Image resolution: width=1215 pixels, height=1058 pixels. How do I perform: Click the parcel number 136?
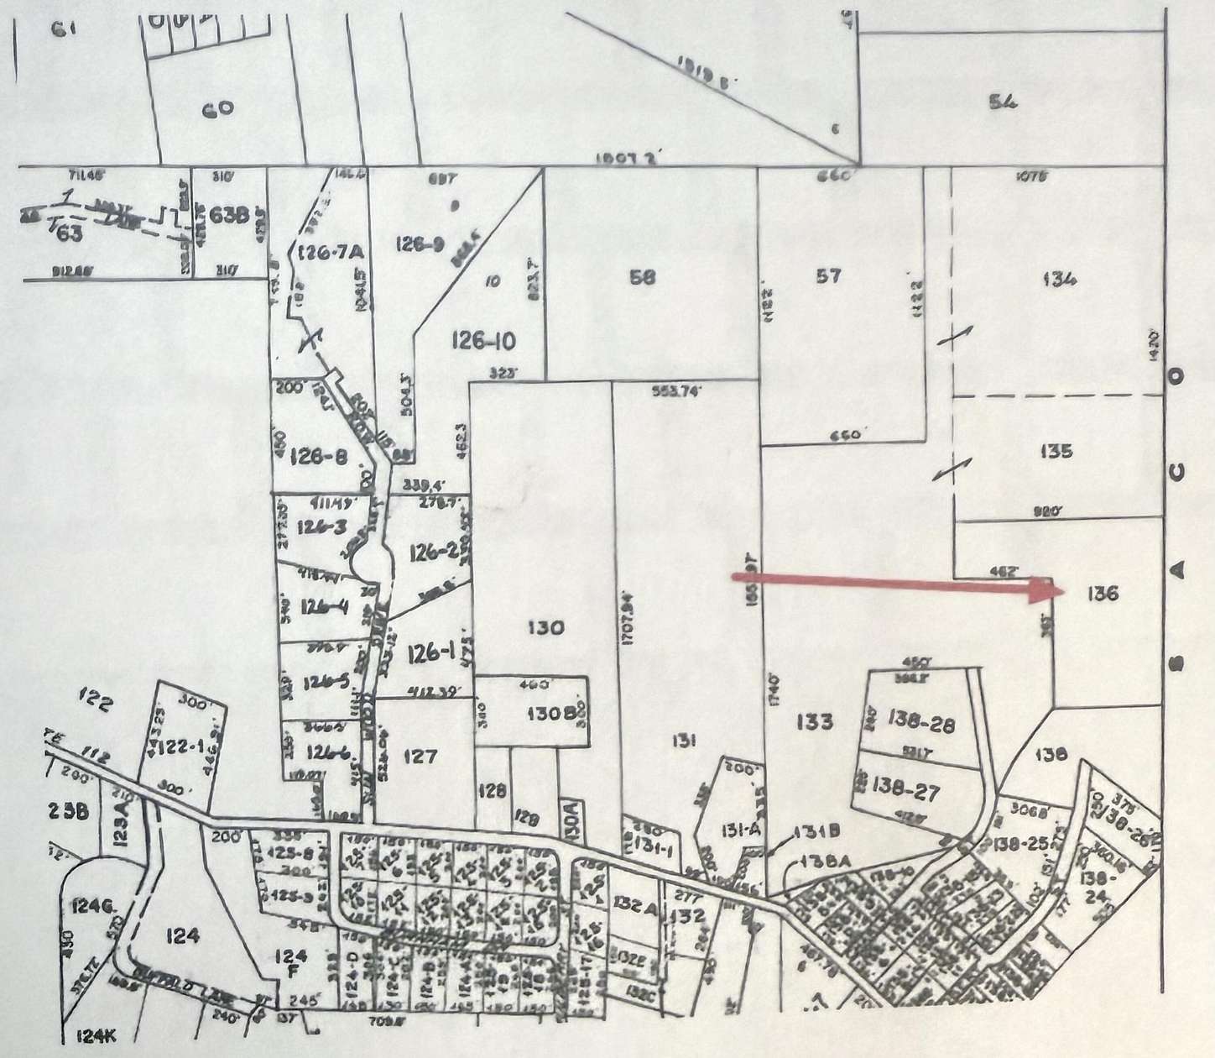[1103, 594]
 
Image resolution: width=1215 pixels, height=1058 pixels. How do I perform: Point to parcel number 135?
[1055, 452]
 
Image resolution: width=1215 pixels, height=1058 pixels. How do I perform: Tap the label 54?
[1003, 102]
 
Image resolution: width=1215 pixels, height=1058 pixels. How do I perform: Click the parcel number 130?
[546, 627]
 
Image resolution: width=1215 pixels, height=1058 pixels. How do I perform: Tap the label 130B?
[550, 712]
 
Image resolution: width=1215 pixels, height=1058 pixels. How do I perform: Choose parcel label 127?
[420, 757]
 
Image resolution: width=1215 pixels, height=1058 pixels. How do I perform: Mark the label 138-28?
[919, 722]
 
